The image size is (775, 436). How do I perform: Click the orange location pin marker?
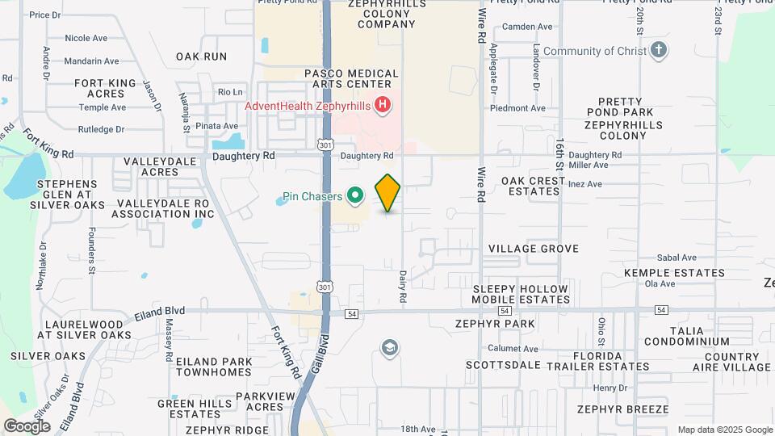[x=388, y=192]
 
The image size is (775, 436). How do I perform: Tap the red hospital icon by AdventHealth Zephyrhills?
[x=383, y=106]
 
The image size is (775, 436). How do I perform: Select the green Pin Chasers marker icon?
[x=354, y=196]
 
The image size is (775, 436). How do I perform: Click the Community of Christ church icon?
[x=660, y=51]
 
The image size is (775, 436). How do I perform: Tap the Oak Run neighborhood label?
[x=201, y=57]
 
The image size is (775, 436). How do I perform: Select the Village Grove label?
[x=534, y=249]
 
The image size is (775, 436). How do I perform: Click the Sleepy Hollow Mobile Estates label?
[x=522, y=294]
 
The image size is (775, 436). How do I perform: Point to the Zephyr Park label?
[x=506, y=324]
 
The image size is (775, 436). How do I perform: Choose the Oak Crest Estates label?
[x=534, y=187]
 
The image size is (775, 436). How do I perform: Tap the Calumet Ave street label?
[x=513, y=349]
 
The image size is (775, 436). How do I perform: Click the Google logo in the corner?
[x=27, y=426]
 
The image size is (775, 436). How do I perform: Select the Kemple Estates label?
[x=674, y=274]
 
